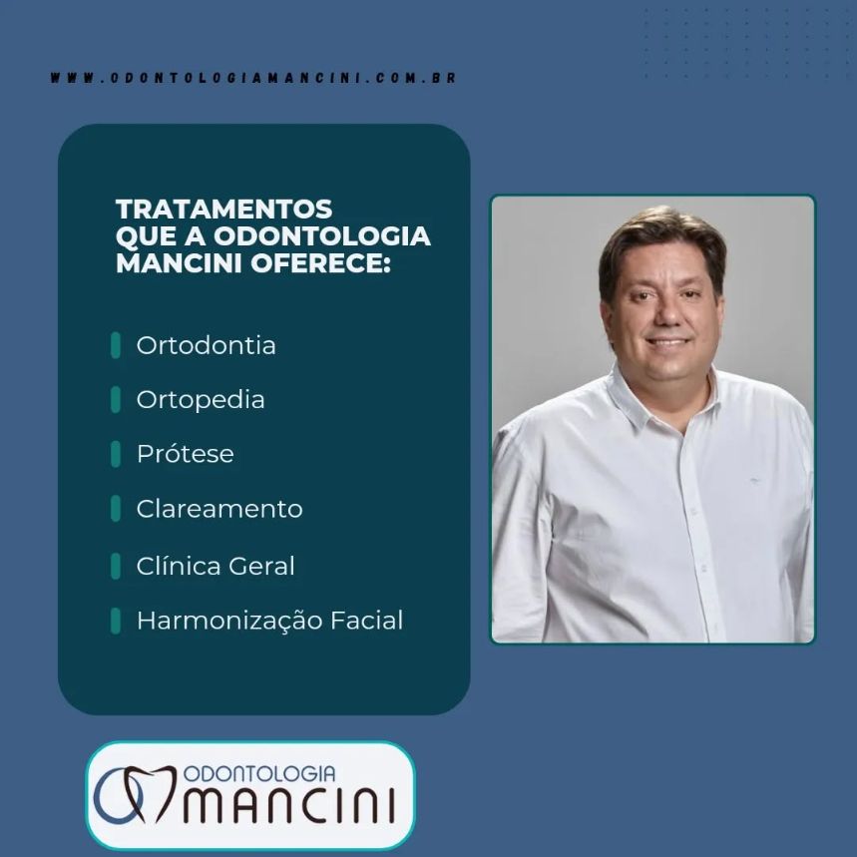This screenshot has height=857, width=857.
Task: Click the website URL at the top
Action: pos(253,78)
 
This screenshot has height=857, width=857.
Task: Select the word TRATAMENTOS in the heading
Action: pos(223,210)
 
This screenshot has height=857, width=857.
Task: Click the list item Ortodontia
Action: pos(206,346)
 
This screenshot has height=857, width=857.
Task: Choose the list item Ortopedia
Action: pos(201,400)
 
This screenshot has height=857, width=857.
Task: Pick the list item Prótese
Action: pos(185,454)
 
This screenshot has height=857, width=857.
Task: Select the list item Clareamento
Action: pos(218,509)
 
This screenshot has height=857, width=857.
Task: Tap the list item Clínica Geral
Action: pos(215,567)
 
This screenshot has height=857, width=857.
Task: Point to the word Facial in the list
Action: pos(365,621)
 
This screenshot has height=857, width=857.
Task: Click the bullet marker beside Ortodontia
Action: pos(116,346)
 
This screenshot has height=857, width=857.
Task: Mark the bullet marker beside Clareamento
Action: pos(116,509)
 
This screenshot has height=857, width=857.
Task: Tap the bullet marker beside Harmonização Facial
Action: pos(116,621)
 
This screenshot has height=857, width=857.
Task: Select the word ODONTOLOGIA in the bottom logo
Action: pos(258,774)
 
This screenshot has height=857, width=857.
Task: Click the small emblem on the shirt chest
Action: pos(754,481)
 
